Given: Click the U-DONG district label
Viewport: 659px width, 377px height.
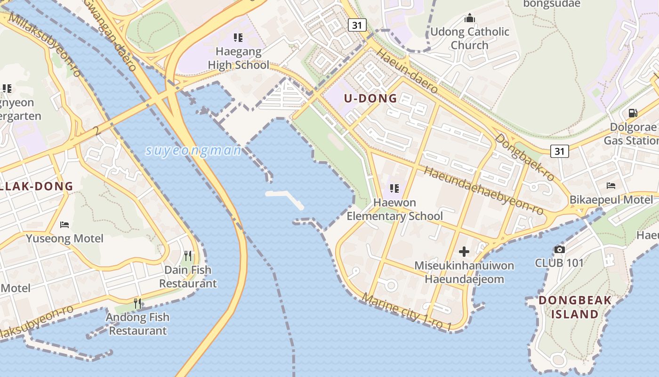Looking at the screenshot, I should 370,98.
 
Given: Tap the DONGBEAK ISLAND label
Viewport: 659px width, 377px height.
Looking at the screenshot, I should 575,307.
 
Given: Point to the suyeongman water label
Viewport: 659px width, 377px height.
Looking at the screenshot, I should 193,151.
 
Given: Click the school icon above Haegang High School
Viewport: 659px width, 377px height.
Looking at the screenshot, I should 238,37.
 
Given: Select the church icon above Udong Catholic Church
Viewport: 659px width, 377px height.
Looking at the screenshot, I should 469,18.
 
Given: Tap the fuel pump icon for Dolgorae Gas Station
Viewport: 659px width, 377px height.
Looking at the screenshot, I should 633,113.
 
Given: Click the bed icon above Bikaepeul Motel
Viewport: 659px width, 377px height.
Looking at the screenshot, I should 611,186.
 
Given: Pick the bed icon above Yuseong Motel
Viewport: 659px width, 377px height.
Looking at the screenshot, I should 65,224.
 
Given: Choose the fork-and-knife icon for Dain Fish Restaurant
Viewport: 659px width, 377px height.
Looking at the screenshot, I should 188,256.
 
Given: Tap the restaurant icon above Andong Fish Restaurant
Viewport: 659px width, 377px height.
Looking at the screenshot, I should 137,303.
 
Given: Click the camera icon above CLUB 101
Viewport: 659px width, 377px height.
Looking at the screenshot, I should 559,249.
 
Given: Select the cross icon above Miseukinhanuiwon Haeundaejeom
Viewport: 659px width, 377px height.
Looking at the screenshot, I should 464,252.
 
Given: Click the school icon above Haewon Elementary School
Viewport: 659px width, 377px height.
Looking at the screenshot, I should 394,188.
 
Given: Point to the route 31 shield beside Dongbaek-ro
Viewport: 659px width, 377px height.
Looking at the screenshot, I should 559,151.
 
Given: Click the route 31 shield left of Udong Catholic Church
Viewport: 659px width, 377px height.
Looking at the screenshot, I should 357,25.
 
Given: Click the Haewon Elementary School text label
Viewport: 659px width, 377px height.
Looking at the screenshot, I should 394,209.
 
